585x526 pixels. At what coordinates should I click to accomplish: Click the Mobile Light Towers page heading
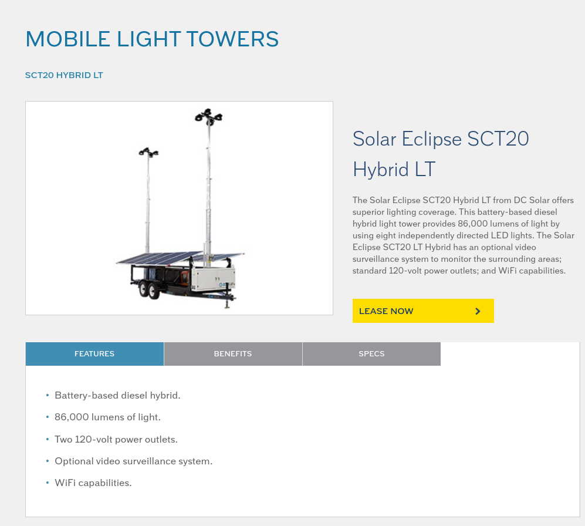152,39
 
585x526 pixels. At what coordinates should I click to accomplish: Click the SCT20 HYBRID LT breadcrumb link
64,75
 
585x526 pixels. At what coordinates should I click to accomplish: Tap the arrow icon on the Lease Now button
478,311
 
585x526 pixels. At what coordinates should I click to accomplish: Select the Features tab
94,353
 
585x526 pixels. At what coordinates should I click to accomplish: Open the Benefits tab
233,353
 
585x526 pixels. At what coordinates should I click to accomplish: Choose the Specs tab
371,353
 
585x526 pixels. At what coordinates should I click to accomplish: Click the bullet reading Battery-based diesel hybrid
117,395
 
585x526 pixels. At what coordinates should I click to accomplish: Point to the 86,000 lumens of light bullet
107,417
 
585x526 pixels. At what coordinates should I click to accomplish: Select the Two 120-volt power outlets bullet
116,439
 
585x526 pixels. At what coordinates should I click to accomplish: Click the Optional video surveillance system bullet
134,461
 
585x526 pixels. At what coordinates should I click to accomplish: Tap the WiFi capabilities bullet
93,483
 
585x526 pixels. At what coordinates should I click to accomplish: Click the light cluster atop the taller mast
208,116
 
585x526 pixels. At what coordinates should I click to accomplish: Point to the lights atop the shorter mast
148,152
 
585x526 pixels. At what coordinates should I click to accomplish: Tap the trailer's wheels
149,289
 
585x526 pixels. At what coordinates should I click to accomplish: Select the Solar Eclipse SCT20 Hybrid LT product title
441,154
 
